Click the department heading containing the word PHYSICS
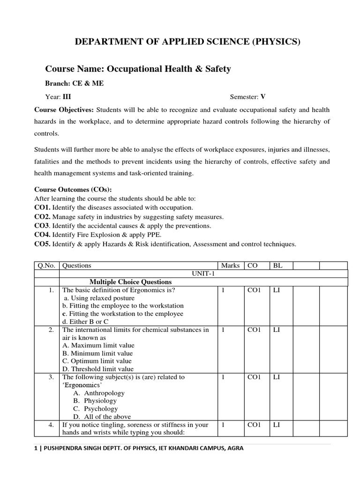[x=187, y=42]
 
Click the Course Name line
[x=138, y=69]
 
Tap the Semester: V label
[x=247, y=97]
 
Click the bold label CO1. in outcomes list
[x=43, y=207]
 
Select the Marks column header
[x=230, y=265]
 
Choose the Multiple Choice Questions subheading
[x=131, y=282]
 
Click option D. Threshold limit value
[x=97, y=369]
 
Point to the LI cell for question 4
[x=277, y=425]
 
